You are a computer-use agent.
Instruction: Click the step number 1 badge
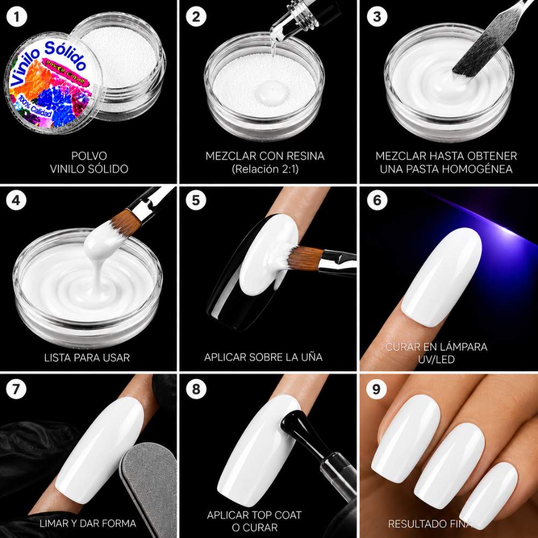pos(17,17)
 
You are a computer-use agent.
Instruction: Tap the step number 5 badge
pos(196,200)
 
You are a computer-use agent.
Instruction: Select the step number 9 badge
pos(377,389)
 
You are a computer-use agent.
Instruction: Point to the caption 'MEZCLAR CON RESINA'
pos(265,156)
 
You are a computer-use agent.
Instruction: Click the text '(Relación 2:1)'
pos(265,169)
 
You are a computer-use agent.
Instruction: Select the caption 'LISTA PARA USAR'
pos(87,358)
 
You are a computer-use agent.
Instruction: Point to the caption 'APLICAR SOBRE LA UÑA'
pos(263,357)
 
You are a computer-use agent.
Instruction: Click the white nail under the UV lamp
pos(442,276)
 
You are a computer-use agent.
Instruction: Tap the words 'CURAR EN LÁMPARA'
pos(436,346)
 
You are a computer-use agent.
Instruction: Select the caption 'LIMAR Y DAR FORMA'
pos(88,523)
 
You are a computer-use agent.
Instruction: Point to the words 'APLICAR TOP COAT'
pos(254,515)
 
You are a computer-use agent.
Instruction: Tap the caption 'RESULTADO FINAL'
pos(432,524)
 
